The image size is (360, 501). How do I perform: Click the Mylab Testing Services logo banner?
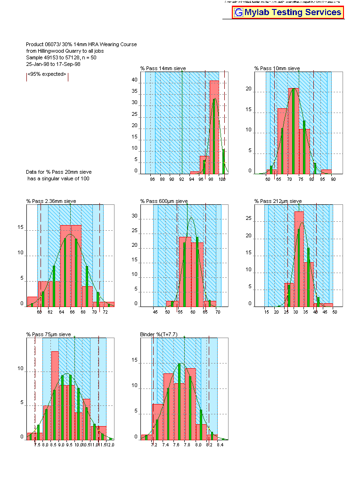(288, 12)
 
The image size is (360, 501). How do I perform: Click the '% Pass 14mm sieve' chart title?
(163, 68)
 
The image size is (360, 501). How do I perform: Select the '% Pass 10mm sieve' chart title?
(277, 68)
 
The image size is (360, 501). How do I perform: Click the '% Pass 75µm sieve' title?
(49, 334)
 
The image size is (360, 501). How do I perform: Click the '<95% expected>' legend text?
(47, 74)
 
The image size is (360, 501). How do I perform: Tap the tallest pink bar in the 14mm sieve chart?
(214, 127)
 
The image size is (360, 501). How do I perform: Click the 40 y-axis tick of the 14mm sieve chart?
(134, 81)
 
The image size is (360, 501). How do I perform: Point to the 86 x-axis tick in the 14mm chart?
(152, 179)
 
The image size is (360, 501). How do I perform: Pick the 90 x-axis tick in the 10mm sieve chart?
(333, 179)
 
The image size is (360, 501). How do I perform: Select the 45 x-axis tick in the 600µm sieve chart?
(155, 312)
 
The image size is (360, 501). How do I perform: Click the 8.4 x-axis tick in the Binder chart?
(220, 444)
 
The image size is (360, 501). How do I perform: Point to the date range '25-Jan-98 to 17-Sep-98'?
(53, 64)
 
